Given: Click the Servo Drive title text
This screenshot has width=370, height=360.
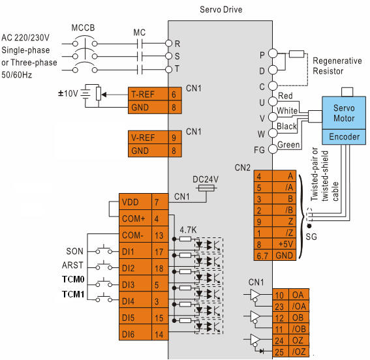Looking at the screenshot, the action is [221, 9].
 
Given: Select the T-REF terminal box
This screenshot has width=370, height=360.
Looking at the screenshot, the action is [148, 94].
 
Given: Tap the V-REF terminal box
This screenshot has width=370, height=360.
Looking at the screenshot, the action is [148, 137].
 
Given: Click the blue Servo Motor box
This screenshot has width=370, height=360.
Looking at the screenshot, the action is [344, 113].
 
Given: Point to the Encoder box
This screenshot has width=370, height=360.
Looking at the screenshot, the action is [344, 137].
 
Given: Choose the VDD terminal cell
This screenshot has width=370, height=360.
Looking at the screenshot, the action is [135, 202].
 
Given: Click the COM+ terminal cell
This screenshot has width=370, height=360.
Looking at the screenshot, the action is [135, 218].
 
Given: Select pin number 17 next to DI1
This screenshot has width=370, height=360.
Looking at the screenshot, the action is [159, 252].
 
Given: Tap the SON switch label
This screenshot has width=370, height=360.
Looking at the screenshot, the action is [74, 251].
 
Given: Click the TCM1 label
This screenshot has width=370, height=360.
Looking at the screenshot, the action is [73, 294].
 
